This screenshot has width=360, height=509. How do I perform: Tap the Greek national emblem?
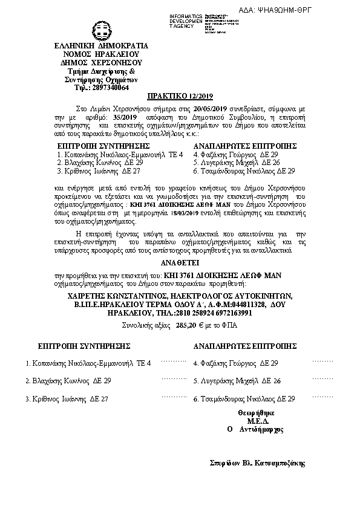click(x=97, y=30)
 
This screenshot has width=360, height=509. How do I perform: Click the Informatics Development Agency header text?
click(x=186, y=20)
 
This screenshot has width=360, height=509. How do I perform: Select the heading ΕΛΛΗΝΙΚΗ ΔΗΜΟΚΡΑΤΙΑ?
click(x=97, y=46)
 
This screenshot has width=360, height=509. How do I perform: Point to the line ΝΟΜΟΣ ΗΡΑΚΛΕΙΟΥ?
click(x=97, y=54)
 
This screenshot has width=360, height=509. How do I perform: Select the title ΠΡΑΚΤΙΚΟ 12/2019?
click(x=180, y=97)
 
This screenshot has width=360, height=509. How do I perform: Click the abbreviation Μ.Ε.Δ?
click(x=254, y=420)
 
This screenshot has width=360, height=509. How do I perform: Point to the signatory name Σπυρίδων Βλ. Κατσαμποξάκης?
click(x=254, y=464)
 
